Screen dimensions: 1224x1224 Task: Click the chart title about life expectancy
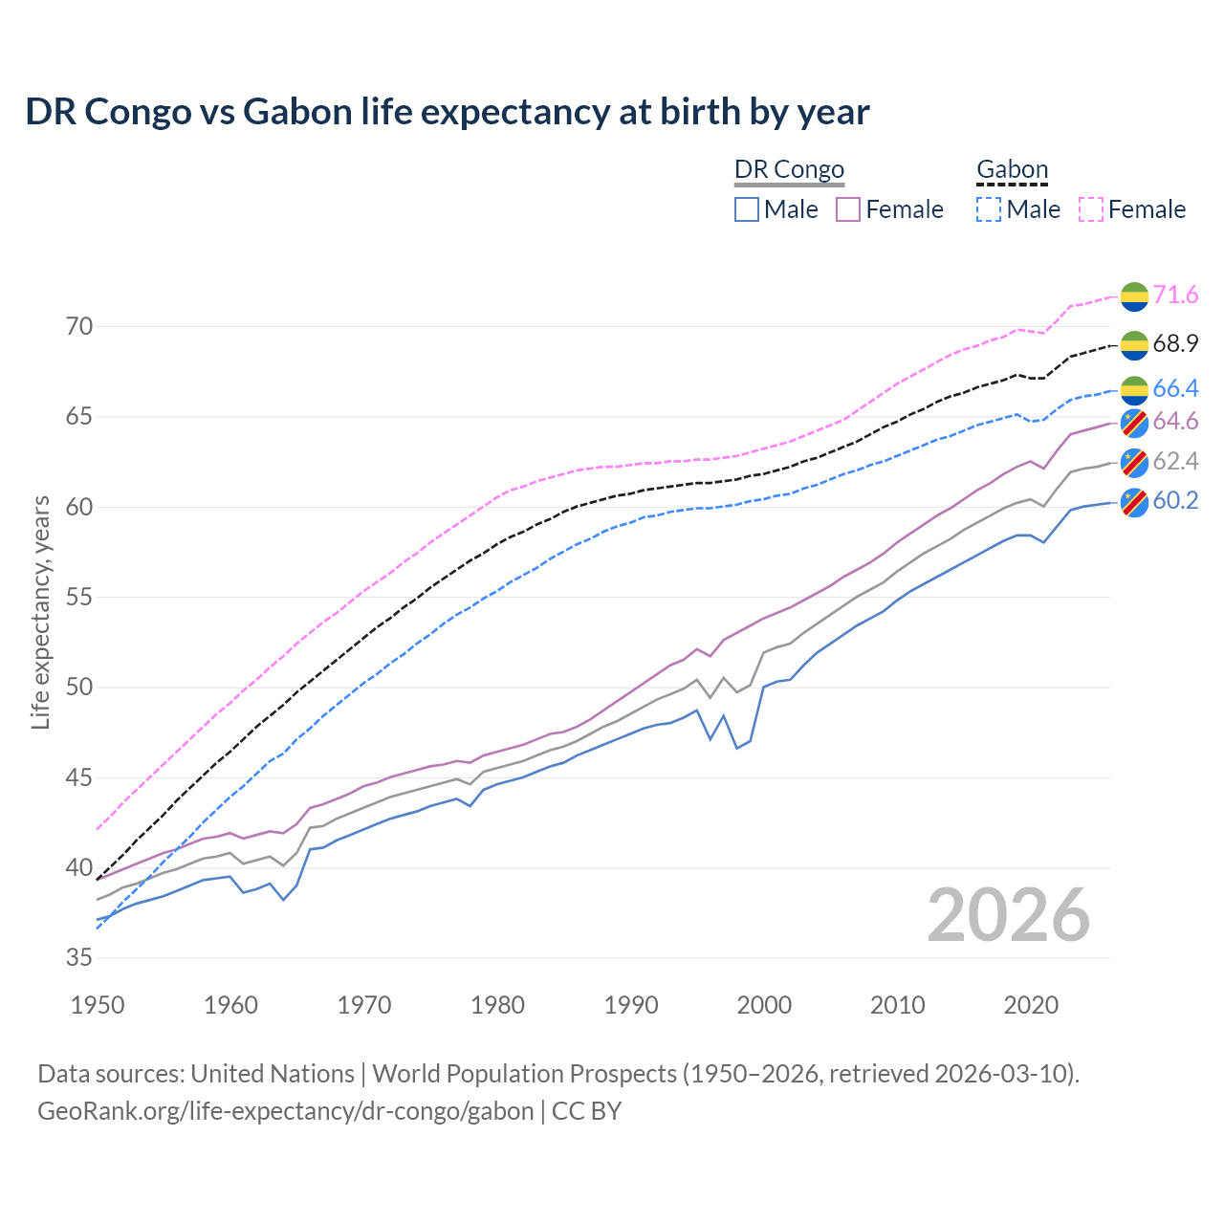(x=447, y=112)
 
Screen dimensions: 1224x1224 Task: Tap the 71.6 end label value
(x=1175, y=295)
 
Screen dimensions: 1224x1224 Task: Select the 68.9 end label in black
(x=1175, y=343)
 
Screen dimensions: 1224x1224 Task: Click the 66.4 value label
(x=1175, y=388)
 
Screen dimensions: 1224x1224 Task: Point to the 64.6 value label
(x=1175, y=422)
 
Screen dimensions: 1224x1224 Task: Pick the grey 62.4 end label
(x=1175, y=462)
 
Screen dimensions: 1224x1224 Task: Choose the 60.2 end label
(x=1175, y=501)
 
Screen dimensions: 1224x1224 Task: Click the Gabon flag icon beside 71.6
(x=1133, y=296)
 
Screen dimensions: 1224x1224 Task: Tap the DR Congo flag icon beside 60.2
(x=1133, y=502)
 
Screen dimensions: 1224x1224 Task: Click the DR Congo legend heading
(x=789, y=170)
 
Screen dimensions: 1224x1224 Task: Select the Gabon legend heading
(x=1012, y=170)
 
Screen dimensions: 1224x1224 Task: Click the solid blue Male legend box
(x=747, y=209)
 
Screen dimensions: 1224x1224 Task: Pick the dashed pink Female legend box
(x=1091, y=209)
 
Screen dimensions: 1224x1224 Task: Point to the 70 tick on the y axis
(x=79, y=327)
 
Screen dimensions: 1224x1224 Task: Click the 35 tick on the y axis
(x=79, y=958)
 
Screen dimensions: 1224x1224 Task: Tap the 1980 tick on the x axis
(x=497, y=1005)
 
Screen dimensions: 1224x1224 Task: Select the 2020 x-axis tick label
(x=1030, y=1005)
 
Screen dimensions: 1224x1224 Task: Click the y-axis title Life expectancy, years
(x=40, y=612)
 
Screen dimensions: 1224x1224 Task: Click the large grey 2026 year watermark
(x=1008, y=915)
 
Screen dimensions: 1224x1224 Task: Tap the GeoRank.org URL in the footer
(x=285, y=1111)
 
